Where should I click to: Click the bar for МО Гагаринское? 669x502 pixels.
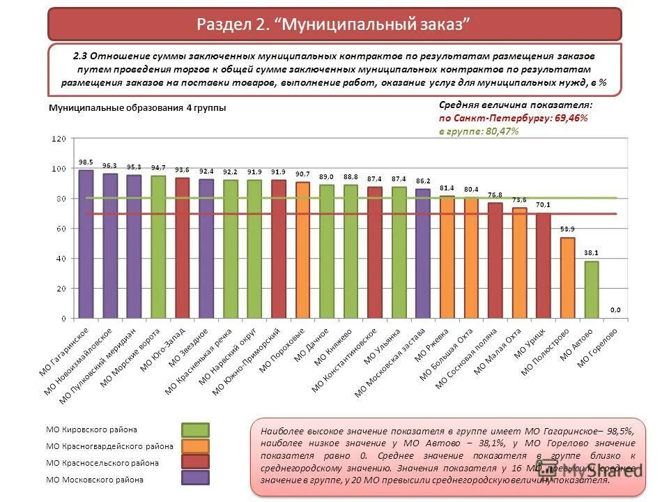[86, 244]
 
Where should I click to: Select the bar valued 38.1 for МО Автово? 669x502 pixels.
[591, 289]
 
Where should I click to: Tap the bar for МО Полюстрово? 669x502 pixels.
[567, 277]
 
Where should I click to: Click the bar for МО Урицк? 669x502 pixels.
[543, 266]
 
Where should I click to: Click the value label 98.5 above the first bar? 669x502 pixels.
[86, 162]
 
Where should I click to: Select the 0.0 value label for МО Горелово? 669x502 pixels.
[615, 310]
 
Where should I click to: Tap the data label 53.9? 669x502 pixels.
[567, 229]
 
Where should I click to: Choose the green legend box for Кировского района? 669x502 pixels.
[195, 429]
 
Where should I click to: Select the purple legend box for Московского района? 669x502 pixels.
[195, 478]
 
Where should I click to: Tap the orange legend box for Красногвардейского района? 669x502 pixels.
[195, 446]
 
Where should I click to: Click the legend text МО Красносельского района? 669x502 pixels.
[102, 463]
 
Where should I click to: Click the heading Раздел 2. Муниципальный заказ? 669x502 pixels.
[334, 24]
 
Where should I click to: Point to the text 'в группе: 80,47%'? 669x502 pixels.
[478, 131]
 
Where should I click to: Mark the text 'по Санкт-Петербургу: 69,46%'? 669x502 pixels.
[513, 118]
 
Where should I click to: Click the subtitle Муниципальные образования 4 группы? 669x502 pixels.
[137, 108]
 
